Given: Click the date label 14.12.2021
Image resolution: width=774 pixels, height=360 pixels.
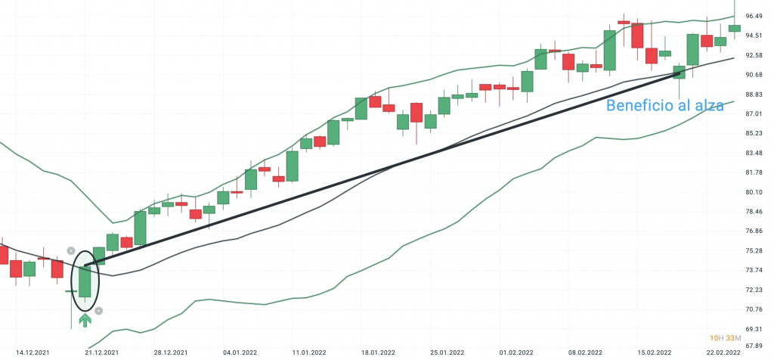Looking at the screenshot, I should (x=33, y=352).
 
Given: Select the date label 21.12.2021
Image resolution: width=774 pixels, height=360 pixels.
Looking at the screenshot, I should (x=101, y=352).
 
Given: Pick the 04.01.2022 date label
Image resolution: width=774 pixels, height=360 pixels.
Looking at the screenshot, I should (x=240, y=352).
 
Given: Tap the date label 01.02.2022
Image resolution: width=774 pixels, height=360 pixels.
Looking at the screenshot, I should (x=516, y=352).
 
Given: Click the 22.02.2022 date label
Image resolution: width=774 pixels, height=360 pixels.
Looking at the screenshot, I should (x=723, y=352).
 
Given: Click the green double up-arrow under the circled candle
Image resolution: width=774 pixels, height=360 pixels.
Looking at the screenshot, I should (x=85, y=320).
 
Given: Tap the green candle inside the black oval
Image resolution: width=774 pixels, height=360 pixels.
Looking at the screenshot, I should (x=85, y=281).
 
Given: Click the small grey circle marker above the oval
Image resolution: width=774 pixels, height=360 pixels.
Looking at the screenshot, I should (x=70, y=250).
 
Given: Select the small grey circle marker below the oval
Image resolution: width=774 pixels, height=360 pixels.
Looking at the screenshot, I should (x=98, y=310).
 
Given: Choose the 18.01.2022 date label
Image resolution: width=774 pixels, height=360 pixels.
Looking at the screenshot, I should (x=378, y=352).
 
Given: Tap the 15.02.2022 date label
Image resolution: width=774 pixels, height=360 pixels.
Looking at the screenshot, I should (x=655, y=352).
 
